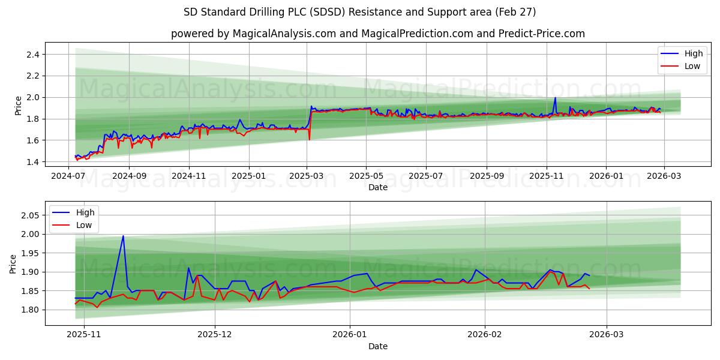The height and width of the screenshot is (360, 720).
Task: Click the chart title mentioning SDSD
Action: [x=360, y=12]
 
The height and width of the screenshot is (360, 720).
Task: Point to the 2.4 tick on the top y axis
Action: [x=32, y=55]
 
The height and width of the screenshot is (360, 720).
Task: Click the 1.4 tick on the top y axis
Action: [x=32, y=162]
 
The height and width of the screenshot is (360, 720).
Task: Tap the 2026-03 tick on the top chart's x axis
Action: [x=664, y=176]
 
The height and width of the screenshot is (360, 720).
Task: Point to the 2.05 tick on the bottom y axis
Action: [x=30, y=215]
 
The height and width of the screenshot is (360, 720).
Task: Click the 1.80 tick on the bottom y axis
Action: [x=30, y=310]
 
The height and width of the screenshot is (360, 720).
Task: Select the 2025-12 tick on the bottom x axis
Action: [x=214, y=335]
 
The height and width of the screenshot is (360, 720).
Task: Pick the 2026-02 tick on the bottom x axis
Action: [x=484, y=335]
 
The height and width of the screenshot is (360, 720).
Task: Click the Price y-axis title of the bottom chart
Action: [x=13, y=263]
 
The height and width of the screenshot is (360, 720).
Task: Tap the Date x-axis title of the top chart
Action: [x=378, y=187]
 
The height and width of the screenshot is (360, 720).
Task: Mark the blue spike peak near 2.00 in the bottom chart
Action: [x=123, y=236]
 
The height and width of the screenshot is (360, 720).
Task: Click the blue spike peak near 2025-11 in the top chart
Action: [x=555, y=98]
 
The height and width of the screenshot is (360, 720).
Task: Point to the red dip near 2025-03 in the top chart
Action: [x=310, y=140]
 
